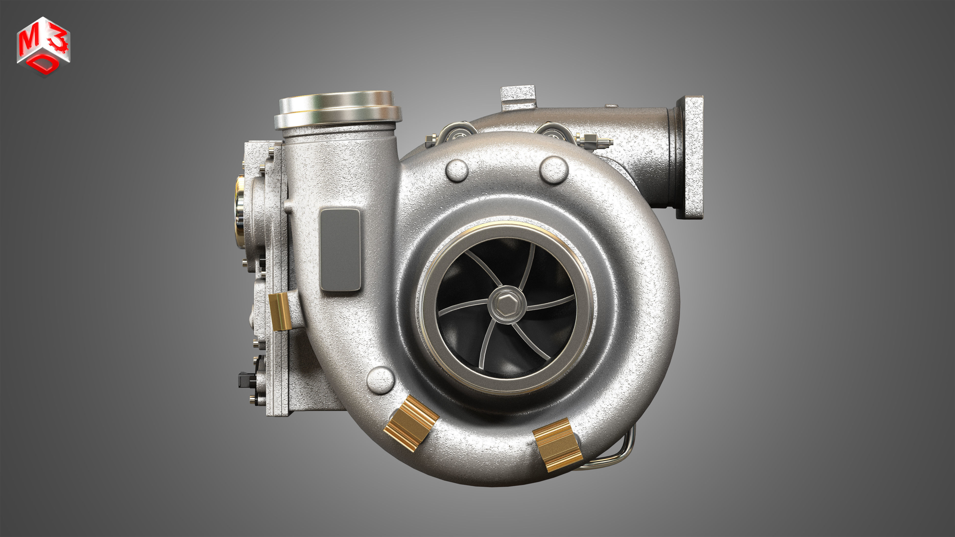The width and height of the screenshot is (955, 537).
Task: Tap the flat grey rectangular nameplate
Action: (340, 250)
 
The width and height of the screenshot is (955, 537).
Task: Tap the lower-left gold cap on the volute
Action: (411, 422)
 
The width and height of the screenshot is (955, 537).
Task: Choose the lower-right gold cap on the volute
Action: (557, 445)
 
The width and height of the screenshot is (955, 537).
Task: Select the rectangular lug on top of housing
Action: (518, 97)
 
